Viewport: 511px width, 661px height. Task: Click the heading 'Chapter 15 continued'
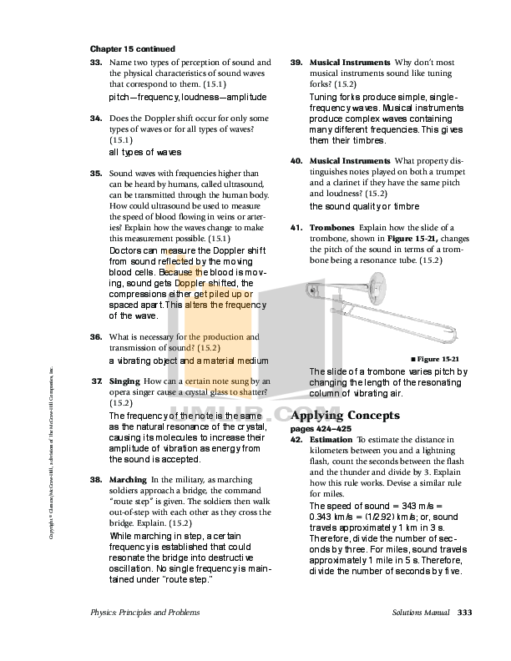[x=132, y=49]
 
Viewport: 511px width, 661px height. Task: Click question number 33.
[x=96, y=63]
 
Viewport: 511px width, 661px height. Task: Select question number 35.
[x=96, y=173]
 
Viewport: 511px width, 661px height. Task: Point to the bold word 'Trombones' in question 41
[x=331, y=228]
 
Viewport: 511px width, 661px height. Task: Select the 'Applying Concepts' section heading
[x=344, y=416]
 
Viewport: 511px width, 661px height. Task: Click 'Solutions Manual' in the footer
[x=421, y=613]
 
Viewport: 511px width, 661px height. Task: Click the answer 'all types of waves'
[x=145, y=153]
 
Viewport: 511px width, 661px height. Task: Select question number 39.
[x=296, y=63]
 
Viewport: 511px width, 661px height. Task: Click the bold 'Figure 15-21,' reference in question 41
[x=386, y=239]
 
